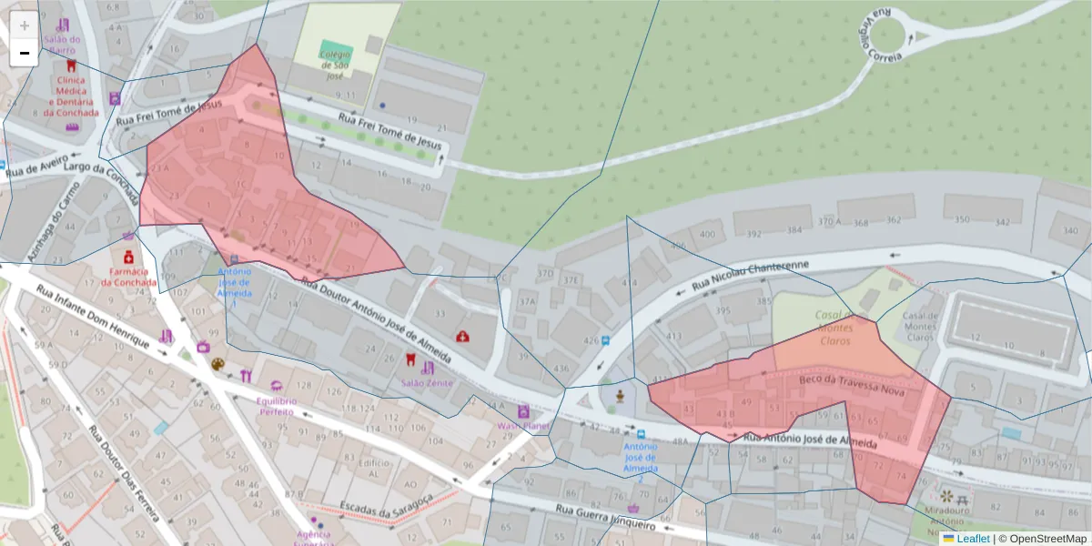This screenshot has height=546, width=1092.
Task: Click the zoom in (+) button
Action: tap(25, 25)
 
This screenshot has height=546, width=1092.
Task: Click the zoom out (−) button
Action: tap(25, 53)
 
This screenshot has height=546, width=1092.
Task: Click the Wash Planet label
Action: tap(523, 425)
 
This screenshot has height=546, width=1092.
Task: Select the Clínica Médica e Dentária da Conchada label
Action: tap(71, 96)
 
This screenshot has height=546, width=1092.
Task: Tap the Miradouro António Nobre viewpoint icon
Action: tap(948, 497)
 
